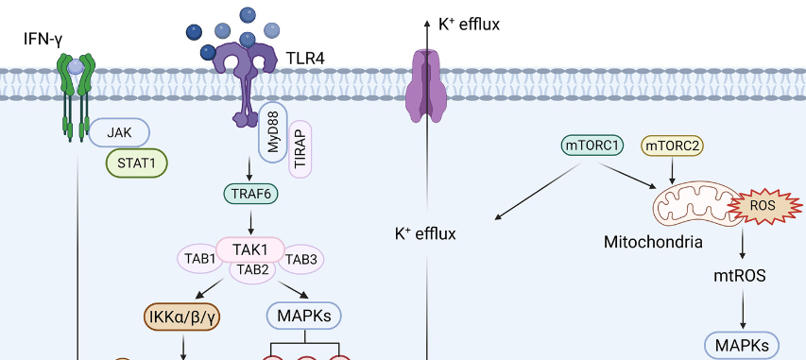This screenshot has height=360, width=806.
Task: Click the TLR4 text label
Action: [305, 60]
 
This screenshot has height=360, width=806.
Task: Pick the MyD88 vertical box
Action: [272, 131]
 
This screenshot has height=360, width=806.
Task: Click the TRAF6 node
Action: [250, 195]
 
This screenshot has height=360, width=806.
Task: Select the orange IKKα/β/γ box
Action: [182, 316]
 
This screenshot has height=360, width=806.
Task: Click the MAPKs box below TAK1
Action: [304, 314]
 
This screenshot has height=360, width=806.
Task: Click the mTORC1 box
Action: [592, 146]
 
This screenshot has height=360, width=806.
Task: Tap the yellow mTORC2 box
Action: [672, 146]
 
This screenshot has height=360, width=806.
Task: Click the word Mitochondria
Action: [653, 243]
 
